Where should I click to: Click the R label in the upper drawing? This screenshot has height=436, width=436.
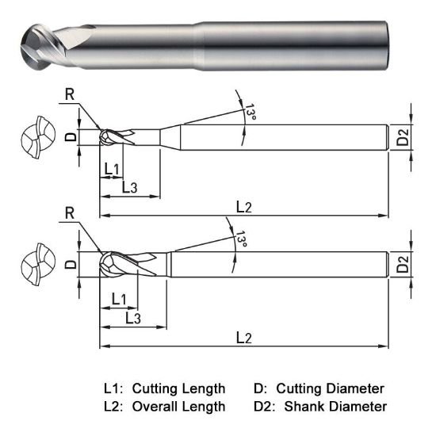coord(71,94)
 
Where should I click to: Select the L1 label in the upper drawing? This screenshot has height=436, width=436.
coord(111,169)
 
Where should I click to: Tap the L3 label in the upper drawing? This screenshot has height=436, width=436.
coord(131,187)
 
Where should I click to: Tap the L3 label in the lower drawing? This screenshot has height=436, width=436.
coord(133,318)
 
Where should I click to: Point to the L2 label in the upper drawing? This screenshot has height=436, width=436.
coord(244,207)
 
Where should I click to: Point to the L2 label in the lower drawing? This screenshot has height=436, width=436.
coord(244,338)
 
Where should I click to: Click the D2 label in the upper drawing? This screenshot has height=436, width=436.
coord(403,138)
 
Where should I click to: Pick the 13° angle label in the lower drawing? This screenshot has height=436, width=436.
coord(240,239)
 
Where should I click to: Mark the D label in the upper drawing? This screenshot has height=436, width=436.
coord(70,137)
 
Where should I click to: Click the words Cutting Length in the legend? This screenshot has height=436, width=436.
coord(178,388)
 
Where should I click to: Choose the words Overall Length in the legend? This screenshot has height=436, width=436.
coord(178,407)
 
